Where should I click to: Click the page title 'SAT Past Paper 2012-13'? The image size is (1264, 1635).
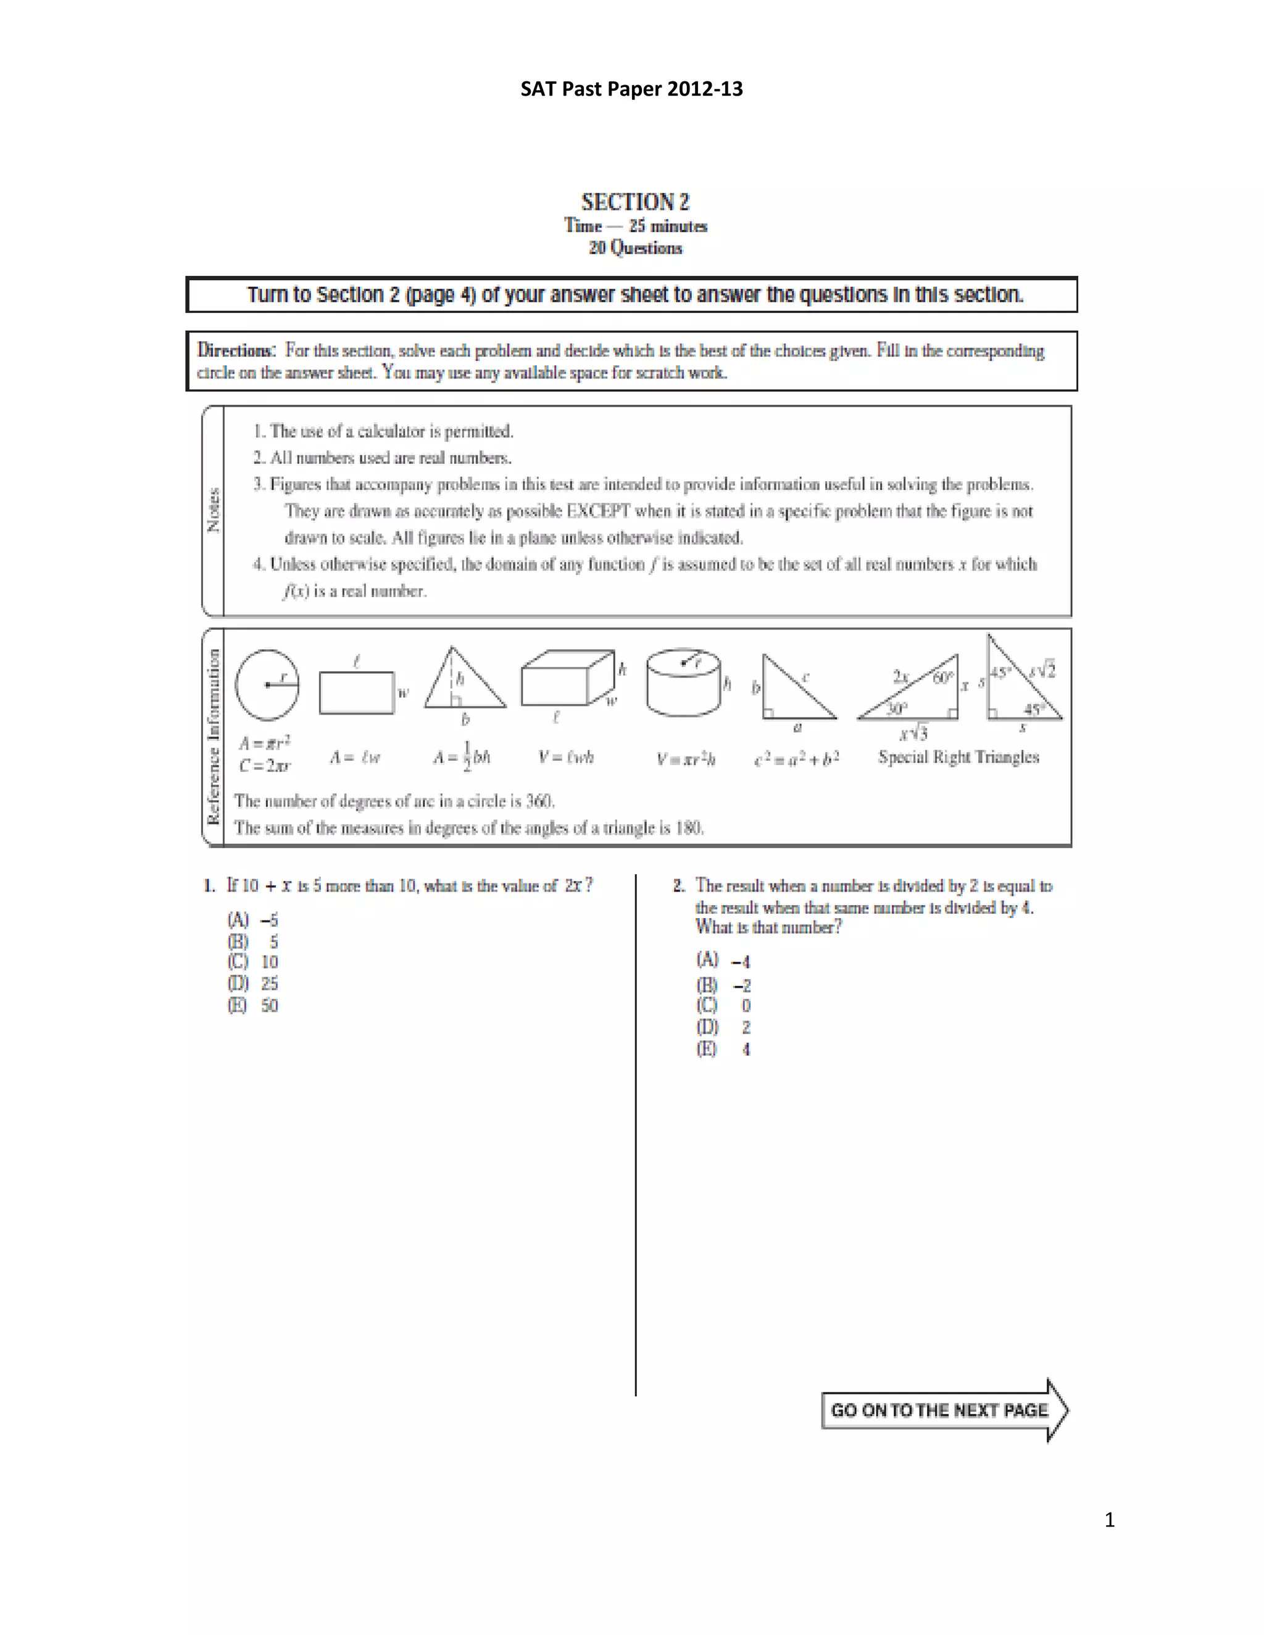pyautogui.click(x=631, y=89)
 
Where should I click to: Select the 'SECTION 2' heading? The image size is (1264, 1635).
pyautogui.click(x=635, y=202)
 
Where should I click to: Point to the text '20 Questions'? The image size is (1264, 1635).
pyautogui.click(x=635, y=248)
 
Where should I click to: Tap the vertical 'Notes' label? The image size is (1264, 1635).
pyautogui.click(x=214, y=510)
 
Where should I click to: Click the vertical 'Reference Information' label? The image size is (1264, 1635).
pyautogui.click(x=214, y=737)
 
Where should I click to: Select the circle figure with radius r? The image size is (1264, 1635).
pyautogui.click(x=267, y=684)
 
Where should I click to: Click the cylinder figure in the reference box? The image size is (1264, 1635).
pyautogui.click(x=683, y=684)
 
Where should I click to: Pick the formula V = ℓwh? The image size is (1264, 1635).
pyautogui.click(x=566, y=758)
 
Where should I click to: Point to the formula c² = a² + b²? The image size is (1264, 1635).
pyautogui.click(x=796, y=758)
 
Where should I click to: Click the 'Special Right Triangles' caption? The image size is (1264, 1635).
pyautogui.click(x=958, y=757)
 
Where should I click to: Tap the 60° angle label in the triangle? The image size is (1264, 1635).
pyautogui.click(x=942, y=677)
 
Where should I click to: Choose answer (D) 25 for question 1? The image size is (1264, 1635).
pyautogui.click(x=253, y=983)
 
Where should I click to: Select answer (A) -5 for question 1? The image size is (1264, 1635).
pyautogui.click(x=253, y=920)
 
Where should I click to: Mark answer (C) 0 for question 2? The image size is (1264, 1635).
pyautogui.click(x=723, y=1006)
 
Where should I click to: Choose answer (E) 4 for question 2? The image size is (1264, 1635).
pyautogui.click(x=723, y=1049)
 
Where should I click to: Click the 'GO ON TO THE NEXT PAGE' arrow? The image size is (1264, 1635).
pyautogui.click(x=944, y=1410)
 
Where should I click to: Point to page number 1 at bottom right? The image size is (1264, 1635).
pyautogui.click(x=1109, y=1520)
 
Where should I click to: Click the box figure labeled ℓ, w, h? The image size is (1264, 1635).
pyautogui.click(x=568, y=679)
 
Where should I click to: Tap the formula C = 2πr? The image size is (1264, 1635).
pyautogui.click(x=264, y=766)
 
